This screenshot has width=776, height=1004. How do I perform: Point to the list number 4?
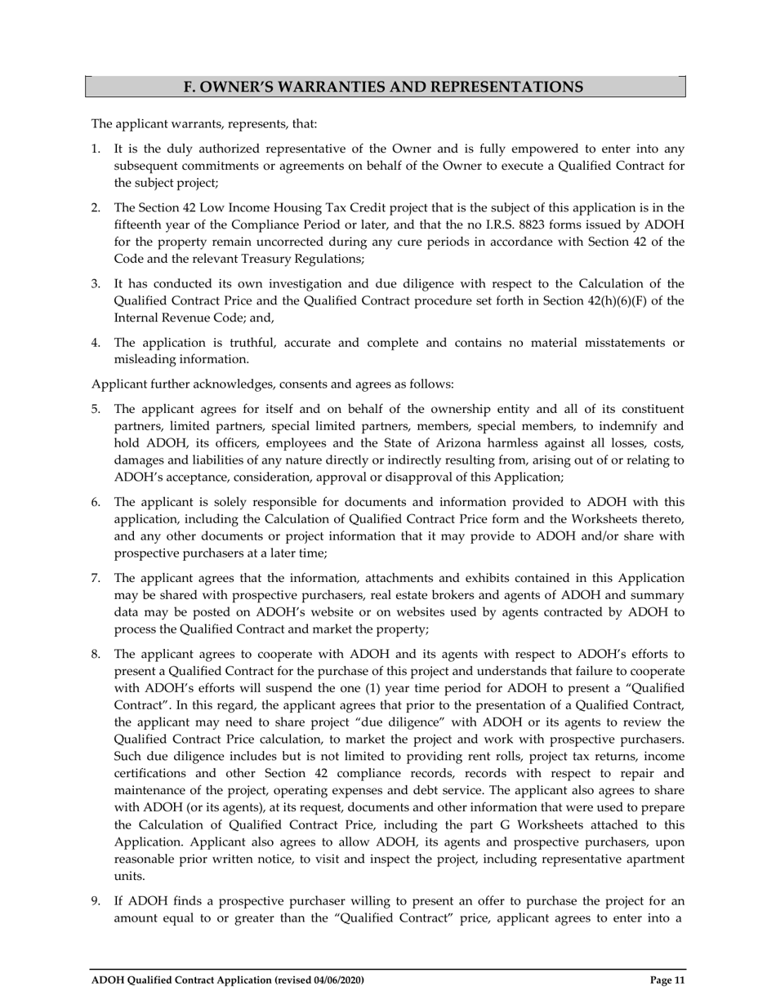pyautogui.click(x=95, y=342)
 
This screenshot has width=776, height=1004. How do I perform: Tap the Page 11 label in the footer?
pyautogui.click(x=667, y=980)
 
